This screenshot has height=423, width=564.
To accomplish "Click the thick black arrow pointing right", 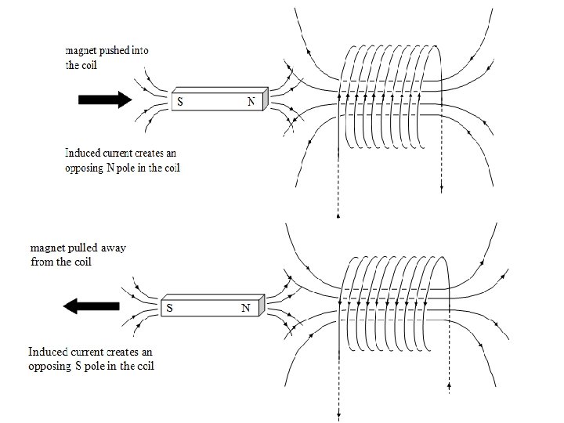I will coord(103,99).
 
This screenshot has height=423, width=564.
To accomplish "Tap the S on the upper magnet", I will coord(180,103).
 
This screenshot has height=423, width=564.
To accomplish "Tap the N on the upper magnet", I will coord(251,103).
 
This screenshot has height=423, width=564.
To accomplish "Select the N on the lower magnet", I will coord(245,308).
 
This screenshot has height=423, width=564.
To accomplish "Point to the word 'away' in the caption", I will coord(111,248).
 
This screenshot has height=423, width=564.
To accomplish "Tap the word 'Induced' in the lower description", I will coord(47,352).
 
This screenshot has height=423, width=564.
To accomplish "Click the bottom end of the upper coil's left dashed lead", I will coord(337,215).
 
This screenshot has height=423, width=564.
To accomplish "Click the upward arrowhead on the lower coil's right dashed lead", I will coord(449,385).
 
